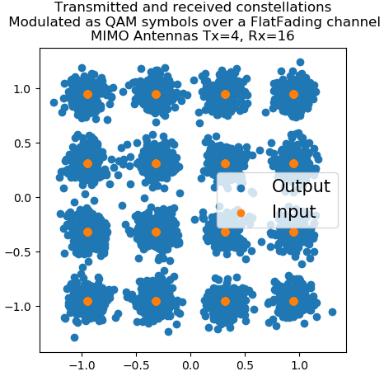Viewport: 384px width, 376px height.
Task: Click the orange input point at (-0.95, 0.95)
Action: click(87, 95)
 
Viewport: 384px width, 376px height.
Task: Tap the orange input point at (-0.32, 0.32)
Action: click(156, 164)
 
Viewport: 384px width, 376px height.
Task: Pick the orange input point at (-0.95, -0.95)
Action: click(87, 301)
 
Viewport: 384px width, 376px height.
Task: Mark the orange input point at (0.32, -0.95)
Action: click(225, 301)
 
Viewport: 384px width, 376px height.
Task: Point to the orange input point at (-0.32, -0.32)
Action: click(156, 233)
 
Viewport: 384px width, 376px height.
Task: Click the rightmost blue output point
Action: click(332, 312)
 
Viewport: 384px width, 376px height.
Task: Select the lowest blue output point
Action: click(74, 337)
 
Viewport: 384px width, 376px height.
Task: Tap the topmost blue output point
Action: click(300, 62)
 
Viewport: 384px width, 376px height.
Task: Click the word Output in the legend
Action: click(301, 186)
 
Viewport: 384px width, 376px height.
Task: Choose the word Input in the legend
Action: click(294, 212)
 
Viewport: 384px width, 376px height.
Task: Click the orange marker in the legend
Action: click(241, 213)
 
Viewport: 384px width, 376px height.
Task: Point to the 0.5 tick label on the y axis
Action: click(22, 143)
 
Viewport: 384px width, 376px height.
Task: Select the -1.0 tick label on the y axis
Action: click(18, 306)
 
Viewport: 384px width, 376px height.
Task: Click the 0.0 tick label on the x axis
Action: click(190, 365)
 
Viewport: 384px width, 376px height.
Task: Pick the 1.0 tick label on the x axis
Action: click(300, 365)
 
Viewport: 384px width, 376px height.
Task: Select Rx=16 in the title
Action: click(271, 36)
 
